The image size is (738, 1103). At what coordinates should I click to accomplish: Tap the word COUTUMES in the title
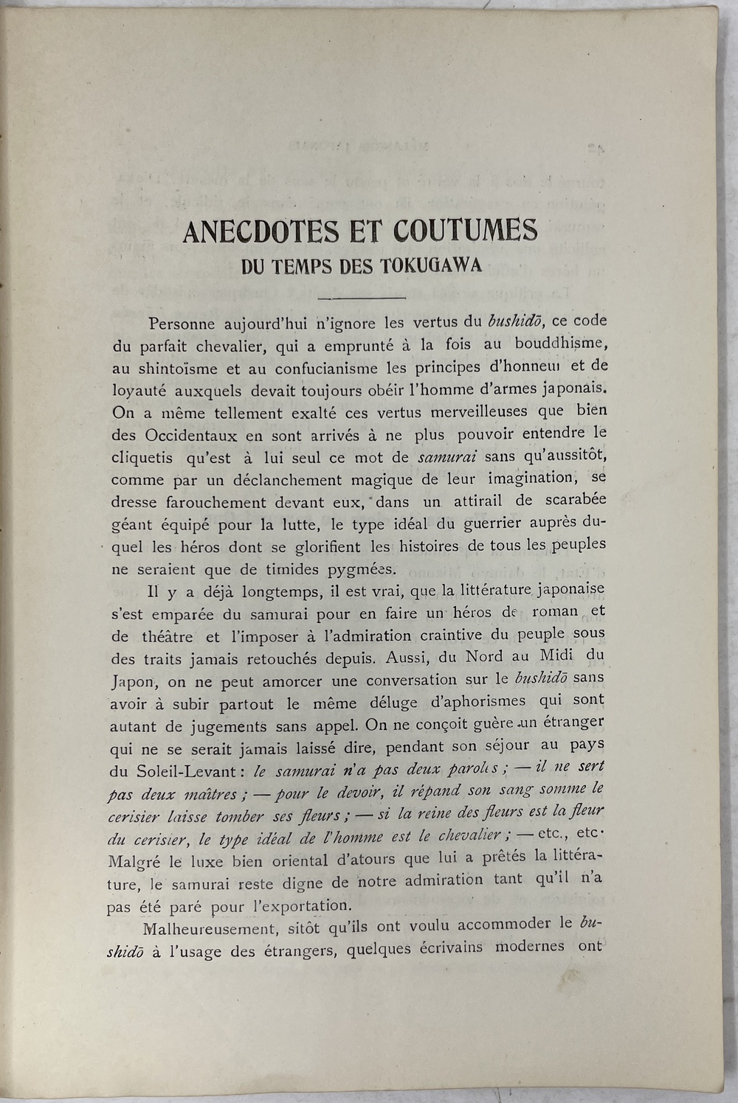pos(465,230)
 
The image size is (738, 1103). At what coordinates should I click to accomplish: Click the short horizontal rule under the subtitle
pos(361,298)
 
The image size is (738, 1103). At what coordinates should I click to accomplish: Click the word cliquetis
pos(142,459)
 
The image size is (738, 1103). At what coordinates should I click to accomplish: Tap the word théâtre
pos(168,636)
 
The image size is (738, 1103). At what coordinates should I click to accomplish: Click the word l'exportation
pos(299,905)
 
